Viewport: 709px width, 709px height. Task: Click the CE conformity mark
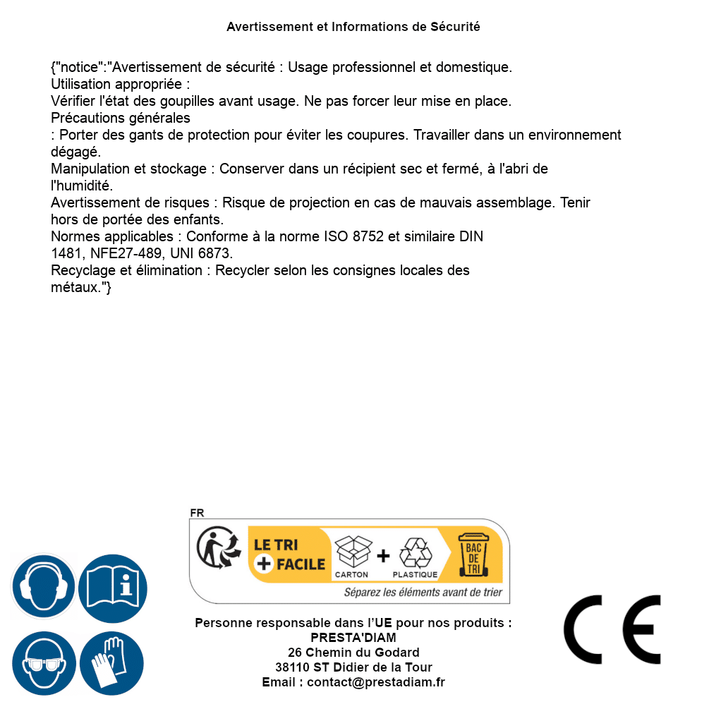click(x=612, y=629)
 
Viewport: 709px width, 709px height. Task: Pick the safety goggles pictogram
click(x=43, y=663)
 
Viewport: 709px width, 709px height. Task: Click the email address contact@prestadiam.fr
click(x=376, y=682)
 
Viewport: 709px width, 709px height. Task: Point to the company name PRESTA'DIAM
click(x=353, y=638)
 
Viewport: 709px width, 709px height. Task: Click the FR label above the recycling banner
click(x=197, y=514)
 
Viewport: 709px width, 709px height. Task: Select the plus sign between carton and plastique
click(x=383, y=556)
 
